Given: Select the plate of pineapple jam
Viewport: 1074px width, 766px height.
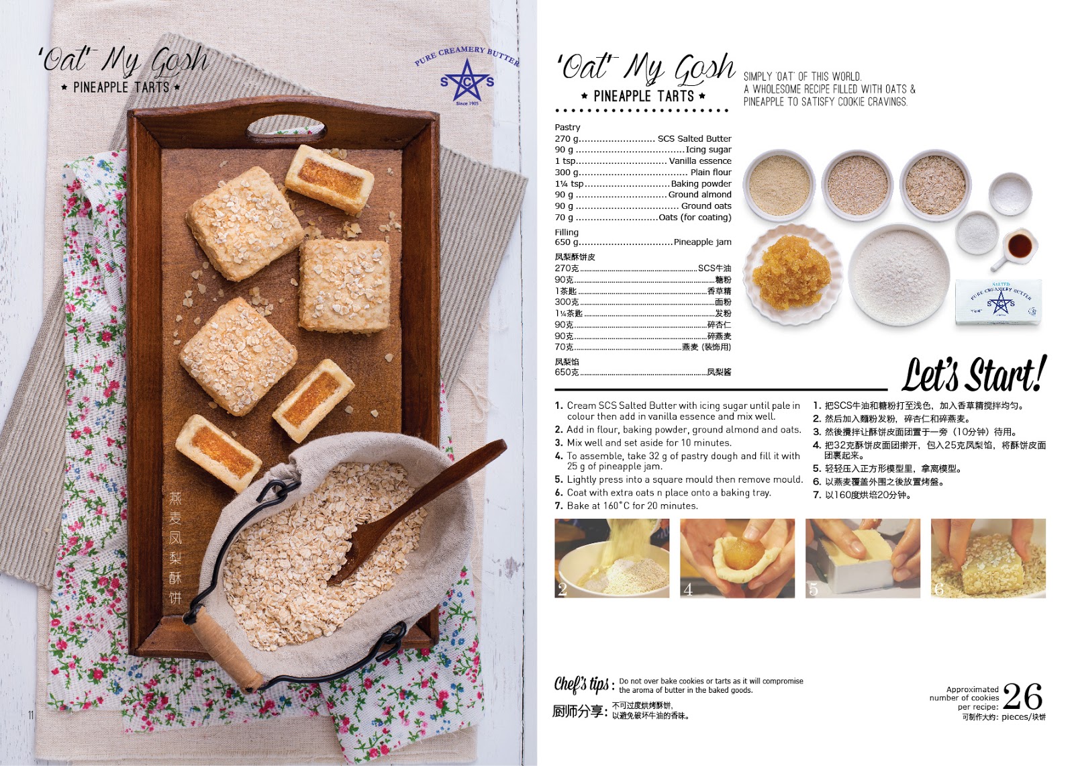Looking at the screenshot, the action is [792, 275].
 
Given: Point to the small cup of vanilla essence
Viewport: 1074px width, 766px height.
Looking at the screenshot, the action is [1016, 248].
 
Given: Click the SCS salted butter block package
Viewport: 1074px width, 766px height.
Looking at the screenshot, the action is [998, 302].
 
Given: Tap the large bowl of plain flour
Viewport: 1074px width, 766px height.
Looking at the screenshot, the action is [899, 275].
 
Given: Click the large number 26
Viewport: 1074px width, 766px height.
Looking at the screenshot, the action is [1022, 696].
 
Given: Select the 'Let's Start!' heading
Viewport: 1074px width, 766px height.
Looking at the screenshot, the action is [973, 375].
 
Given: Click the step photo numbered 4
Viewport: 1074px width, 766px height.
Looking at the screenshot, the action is [737, 559].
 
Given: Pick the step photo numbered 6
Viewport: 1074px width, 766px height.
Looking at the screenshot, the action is [988, 559].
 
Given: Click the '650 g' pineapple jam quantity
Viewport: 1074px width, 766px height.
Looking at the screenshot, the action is [567, 242].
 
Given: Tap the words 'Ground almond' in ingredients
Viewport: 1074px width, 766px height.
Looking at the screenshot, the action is [699, 194].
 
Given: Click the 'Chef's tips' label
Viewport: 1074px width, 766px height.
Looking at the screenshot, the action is [583, 684].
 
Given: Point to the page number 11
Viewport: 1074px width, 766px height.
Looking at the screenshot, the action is [31, 715].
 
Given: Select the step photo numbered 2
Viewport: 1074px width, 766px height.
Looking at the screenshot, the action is [612, 559].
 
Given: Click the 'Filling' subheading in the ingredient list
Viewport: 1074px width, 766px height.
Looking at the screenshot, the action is [567, 232].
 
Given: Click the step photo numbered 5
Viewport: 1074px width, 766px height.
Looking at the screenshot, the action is [863, 559].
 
